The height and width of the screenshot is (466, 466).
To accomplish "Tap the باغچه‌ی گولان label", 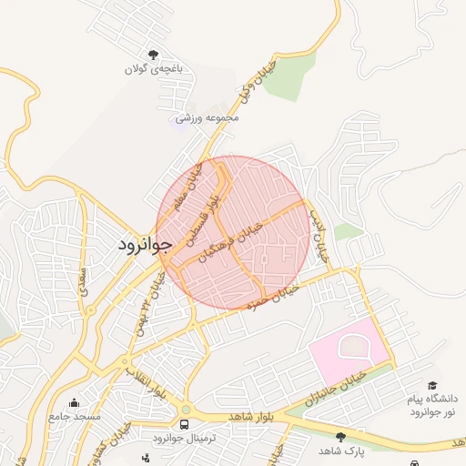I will pos(153,68).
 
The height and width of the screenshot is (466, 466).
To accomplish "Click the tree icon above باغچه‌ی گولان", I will pos(153,54).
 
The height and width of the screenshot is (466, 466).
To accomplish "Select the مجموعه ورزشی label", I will pos(208,118).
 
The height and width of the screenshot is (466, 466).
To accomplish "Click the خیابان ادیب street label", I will pos(318,235).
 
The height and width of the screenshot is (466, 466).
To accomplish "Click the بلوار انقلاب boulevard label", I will pos(146,380).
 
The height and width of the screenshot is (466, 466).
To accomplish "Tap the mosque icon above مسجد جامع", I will pos(75,401).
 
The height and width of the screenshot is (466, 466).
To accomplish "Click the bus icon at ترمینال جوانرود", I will pos(186,425).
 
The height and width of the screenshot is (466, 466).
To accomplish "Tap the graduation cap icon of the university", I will pos(433,386).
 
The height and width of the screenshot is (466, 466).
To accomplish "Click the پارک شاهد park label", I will pos(341,451).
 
